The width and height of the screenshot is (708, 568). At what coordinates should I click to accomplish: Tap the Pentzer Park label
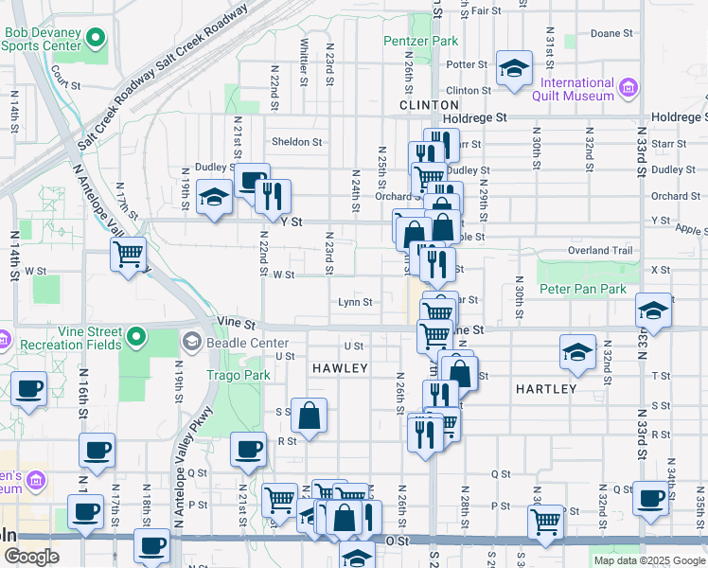pyautogui.click(x=421, y=41)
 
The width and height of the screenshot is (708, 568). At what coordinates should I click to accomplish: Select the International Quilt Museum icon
pyautogui.click(x=628, y=90)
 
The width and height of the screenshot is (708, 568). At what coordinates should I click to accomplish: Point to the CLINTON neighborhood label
pyautogui.click(x=430, y=105)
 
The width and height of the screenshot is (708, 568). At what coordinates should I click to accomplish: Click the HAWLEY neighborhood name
pyautogui.click(x=339, y=366)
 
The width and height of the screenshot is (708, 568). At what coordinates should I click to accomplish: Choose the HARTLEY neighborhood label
pyautogui.click(x=546, y=389)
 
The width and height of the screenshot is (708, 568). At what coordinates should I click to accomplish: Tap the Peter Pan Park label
pyautogui.click(x=583, y=288)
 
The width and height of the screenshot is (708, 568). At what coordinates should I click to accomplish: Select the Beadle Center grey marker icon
pyautogui.click(x=191, y=341)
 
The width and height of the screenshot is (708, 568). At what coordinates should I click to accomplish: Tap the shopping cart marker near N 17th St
pyautogui.click(x=128, y=254)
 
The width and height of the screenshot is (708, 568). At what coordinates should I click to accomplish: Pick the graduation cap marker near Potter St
pyautogui.click(x=514, y=68)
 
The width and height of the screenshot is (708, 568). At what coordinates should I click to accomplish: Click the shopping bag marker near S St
pyautogui.click(x=310, y=415)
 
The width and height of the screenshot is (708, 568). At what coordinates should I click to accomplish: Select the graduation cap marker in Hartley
pyautogui.click(x=576, y=353)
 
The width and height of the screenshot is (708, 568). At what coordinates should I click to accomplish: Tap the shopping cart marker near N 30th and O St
pyautogui.click(x=545, y=520)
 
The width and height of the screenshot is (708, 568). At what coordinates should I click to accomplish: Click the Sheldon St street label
pyautogui.click(x=297, y=142)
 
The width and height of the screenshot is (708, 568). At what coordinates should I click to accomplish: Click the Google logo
pyautogui.click(x=32, y=558)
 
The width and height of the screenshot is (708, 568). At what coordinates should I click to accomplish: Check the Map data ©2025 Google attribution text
pyautogui.click(x=648, y=560)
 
